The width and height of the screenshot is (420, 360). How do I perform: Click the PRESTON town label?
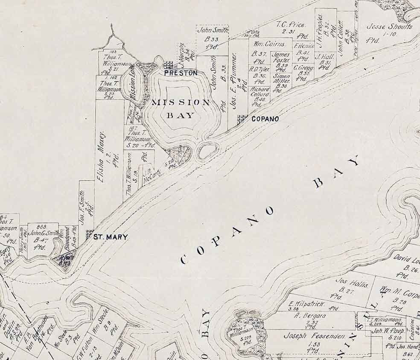click(x=181, y=73)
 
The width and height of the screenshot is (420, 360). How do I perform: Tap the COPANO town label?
click(x=265, y=119)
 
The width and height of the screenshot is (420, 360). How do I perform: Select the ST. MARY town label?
click(x=111, y=237)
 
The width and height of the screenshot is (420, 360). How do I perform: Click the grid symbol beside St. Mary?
click(x=90, y=234)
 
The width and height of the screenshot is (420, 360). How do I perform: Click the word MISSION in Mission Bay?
click(x=181, y=102)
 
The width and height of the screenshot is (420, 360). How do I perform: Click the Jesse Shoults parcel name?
click(x=390, y=26)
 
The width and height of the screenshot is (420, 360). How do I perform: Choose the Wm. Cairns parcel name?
click(x=266, y=44)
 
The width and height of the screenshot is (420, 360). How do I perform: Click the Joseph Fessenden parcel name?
click(x=314, y=336)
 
